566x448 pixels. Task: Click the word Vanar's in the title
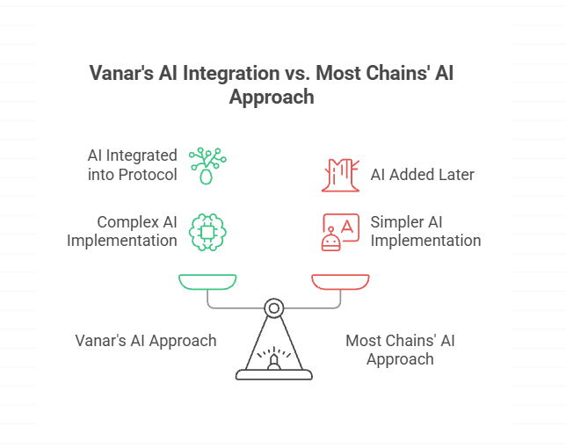click(120, 73)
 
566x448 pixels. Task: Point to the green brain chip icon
click(207, 231)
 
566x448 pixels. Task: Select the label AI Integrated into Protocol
click(132, 164)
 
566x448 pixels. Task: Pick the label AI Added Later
click(422, 175)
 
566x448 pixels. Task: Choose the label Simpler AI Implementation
click(425, 231)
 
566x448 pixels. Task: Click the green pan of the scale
click(208, 282)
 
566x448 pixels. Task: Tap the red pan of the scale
click(340, 282)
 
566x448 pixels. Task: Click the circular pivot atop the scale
click(274, 307)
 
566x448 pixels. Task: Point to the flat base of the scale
click(274, 375)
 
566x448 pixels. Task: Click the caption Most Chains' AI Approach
click(400, 350)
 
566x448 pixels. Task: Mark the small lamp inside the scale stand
click(274, 360)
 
